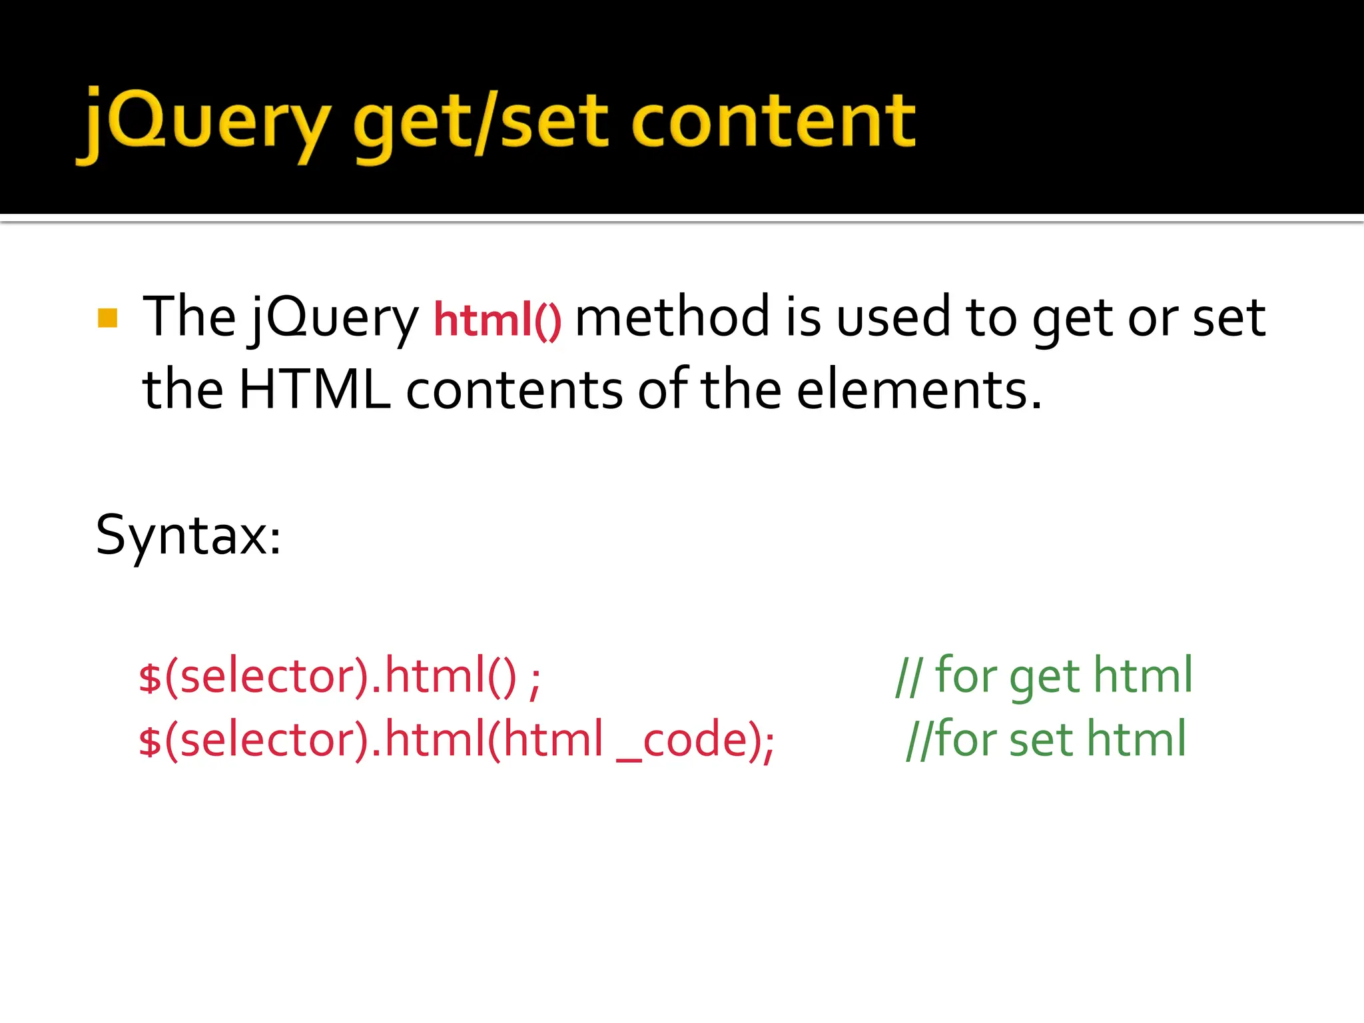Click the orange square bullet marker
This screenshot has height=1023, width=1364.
(x=107, y=318)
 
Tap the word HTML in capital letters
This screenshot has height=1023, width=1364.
(x=314, y=390)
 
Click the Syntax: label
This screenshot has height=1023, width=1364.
(x=188, y=535)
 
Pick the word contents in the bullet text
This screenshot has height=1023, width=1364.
(x=514, y=390)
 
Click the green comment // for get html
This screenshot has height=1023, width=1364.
(x=1044, y=676)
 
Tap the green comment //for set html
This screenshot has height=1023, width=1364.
(x=1046, y=739)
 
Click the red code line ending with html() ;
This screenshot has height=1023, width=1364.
(x=340, y=677)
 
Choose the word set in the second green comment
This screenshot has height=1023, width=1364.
(x=1040, y=739)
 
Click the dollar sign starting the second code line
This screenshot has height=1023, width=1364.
(x=150, y=741)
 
